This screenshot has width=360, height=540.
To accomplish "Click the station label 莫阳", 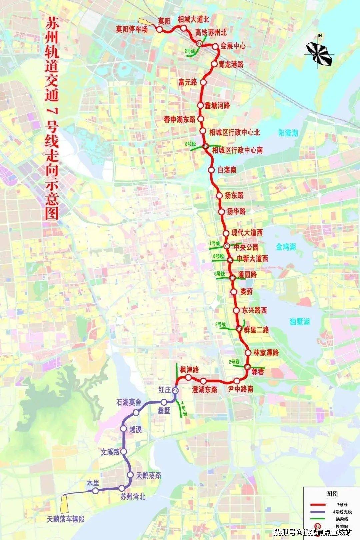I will (164, 21).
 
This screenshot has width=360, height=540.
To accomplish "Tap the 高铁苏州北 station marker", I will (199, 43).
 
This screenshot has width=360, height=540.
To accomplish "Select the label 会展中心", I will (233, 46).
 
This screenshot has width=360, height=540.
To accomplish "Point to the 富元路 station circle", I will (203, 82).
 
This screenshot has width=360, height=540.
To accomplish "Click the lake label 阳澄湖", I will (288, 133).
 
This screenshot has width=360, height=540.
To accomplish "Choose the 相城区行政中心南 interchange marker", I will (206, 146).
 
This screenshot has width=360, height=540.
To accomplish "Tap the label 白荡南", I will (227, 170).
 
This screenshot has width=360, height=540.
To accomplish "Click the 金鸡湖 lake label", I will (286, 247).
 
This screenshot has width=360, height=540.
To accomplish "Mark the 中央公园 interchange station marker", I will (227, 246).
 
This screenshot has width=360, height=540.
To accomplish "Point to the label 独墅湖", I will (300, 322).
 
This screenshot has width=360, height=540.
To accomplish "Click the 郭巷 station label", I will (257, 371).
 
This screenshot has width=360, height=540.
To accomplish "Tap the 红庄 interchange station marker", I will (175, 390).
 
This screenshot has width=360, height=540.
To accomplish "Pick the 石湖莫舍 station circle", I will (136, 413).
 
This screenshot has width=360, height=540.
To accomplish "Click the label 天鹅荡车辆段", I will (66, 519).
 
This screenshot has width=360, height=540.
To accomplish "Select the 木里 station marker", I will (96, 491).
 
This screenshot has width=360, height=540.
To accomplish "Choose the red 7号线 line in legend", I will (318, 505).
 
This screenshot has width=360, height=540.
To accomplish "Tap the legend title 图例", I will (332, 494).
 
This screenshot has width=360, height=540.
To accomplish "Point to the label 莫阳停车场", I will (132, 29).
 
